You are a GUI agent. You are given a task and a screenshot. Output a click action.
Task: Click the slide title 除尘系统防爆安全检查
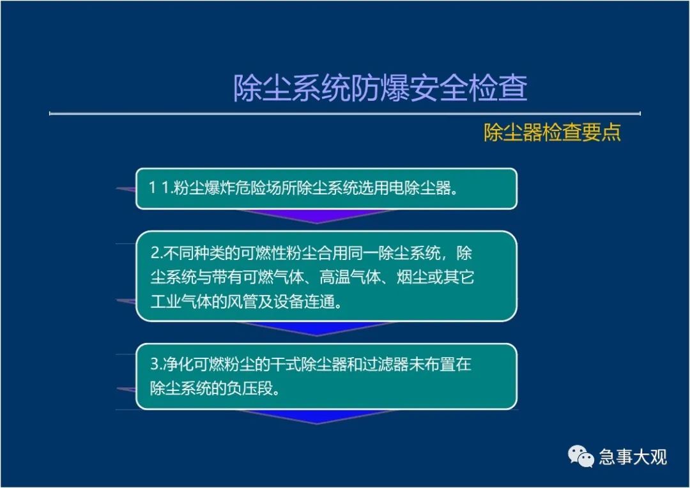click(380, 88)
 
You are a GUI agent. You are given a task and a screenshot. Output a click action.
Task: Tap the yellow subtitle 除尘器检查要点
click(552, 132)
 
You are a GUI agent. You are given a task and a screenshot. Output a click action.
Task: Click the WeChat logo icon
click(580, 457)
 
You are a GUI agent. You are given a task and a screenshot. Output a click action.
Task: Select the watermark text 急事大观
click(632, 457)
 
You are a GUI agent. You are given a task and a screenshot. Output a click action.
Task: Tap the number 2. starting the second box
click(157, 253)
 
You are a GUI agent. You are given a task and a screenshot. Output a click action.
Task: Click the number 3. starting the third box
click(157, 364)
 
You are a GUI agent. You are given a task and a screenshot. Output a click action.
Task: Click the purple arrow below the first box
click(317, 217)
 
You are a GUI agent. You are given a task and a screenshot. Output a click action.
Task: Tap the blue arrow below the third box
click(317, 417)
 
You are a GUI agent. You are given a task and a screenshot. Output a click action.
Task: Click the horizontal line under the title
click(345, 114)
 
